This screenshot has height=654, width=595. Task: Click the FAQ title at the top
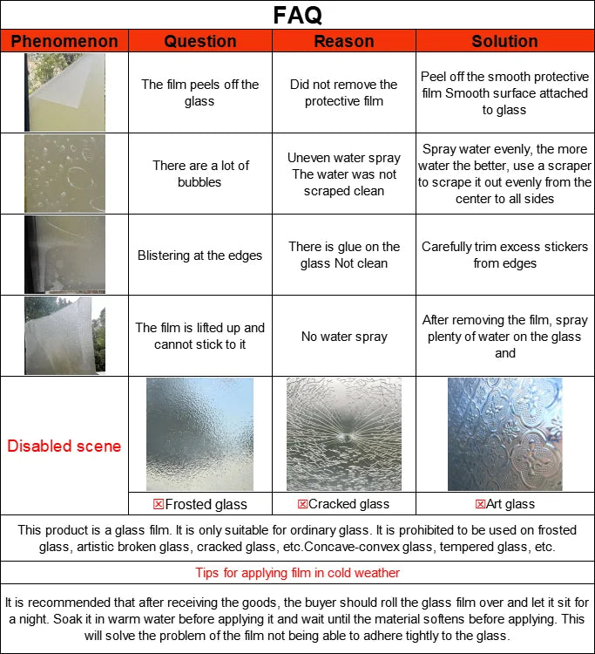click(x=297, y=15)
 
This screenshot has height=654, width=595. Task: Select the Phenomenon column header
click(x=64, y=41)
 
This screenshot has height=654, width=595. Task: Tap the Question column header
click(x=200, y=41)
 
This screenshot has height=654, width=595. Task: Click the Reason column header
click(x=344, y=41)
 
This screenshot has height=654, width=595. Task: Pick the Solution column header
click(x=504, y=41)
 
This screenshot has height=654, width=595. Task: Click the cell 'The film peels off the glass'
click(x=200, y=92)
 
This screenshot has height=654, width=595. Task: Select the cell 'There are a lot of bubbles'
click(x=200, y=174)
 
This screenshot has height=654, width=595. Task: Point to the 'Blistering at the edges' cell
click(x=200, y=255)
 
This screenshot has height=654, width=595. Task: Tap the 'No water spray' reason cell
click(x=344, y=337)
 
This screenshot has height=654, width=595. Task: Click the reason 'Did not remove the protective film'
click(x=344, y=92)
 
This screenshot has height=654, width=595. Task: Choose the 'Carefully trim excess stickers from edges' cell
click(x=504, y=255)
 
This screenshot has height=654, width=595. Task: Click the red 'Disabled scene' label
click(x=64, y=446)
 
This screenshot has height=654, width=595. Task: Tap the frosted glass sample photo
click(x=200, y=434)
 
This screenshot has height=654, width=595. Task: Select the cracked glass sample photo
click(x=344, y=434)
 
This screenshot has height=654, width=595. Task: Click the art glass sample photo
click(x=504, y=434)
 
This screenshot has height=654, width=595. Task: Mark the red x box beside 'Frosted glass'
click(x=159, y=504)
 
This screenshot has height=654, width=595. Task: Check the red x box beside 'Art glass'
click(x=480, y=504)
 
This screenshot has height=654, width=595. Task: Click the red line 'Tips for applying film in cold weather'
click(x=297, y=573)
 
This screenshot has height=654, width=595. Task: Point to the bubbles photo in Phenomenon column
click(x=64, y=174)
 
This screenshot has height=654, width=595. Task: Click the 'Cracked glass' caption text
click(x=349, y=504)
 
